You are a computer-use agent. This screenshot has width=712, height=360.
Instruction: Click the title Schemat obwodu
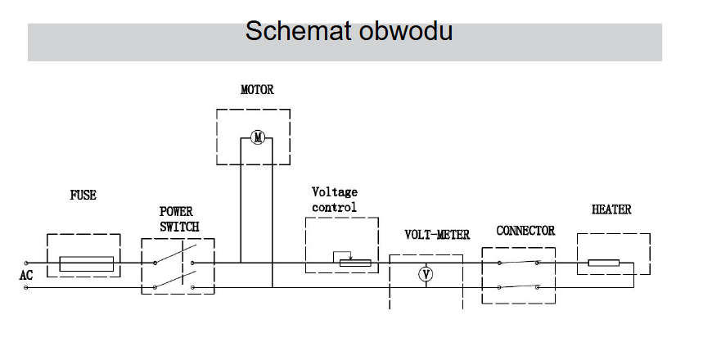pyautogui.click(x=349, y=31)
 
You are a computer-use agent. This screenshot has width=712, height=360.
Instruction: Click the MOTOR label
pyautogui.click(x=258, y=89)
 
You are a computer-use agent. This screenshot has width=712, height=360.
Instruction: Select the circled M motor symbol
pyautogui.click(x=258, y=137)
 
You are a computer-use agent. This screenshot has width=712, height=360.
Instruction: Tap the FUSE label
pyautogui.click(x=83, y=196)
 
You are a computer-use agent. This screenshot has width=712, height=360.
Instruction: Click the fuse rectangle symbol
pyautogui.click(x=87, y=263)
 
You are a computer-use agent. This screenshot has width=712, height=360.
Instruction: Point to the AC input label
pyautogui.click(x=26, y=275)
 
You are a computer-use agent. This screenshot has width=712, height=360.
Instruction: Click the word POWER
pyautogui.click(x=176, y=212)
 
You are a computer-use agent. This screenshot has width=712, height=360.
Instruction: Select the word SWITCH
pyautogui.click(x=179, y=227)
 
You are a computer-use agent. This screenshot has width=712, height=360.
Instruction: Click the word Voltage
pyautogui.click(x=335, y=192)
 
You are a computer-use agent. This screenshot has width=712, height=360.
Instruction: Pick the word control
pyautogui.click(x=334, y=208)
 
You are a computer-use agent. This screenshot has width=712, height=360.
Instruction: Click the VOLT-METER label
pyautogui.click(x=437, y=235)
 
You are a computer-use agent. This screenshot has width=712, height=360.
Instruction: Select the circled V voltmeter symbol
pyautogui.click(x=426, y=274)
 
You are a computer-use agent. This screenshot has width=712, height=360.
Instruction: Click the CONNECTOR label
pyautogui.click(x=525, y=231)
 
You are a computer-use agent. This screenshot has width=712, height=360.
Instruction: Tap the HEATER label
pyautogui.click(x=611, y=209)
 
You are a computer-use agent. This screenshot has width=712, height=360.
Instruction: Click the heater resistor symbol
pyautogui.click(x=604, y=263)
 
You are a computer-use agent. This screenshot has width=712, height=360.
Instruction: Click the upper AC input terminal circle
pyautogui.click(x=26, y=263)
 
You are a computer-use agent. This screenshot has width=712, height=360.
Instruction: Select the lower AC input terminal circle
pyautogui.click(x=26, y=287)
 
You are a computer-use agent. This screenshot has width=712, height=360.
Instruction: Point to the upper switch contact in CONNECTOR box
pyautogui.click(x=518, y=262)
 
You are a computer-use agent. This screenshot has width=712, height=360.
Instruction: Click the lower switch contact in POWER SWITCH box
pyautogui.click(x=174, y=280)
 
